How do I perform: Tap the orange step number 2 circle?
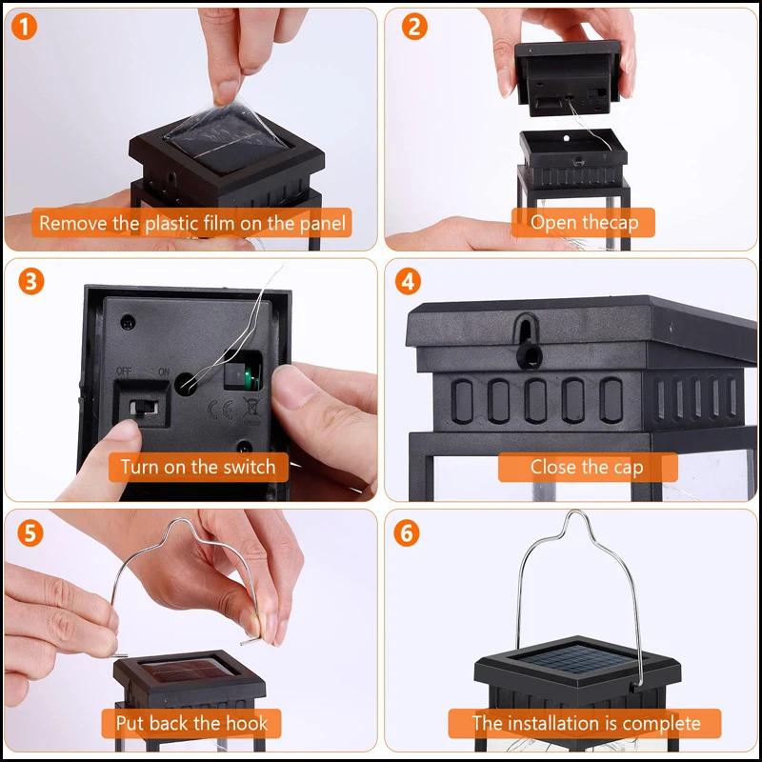pos(411,27)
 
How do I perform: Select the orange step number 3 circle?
pos(31,282)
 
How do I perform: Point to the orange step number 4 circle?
pos(411,282)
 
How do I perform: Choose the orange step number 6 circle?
pos(411,531)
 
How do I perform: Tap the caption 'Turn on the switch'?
pos(197,467)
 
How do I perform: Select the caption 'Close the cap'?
pos(587,467)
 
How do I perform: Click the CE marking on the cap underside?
pos(218,411)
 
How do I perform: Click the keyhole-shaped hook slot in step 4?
pos(528,341)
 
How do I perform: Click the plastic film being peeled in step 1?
pos(219,129)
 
